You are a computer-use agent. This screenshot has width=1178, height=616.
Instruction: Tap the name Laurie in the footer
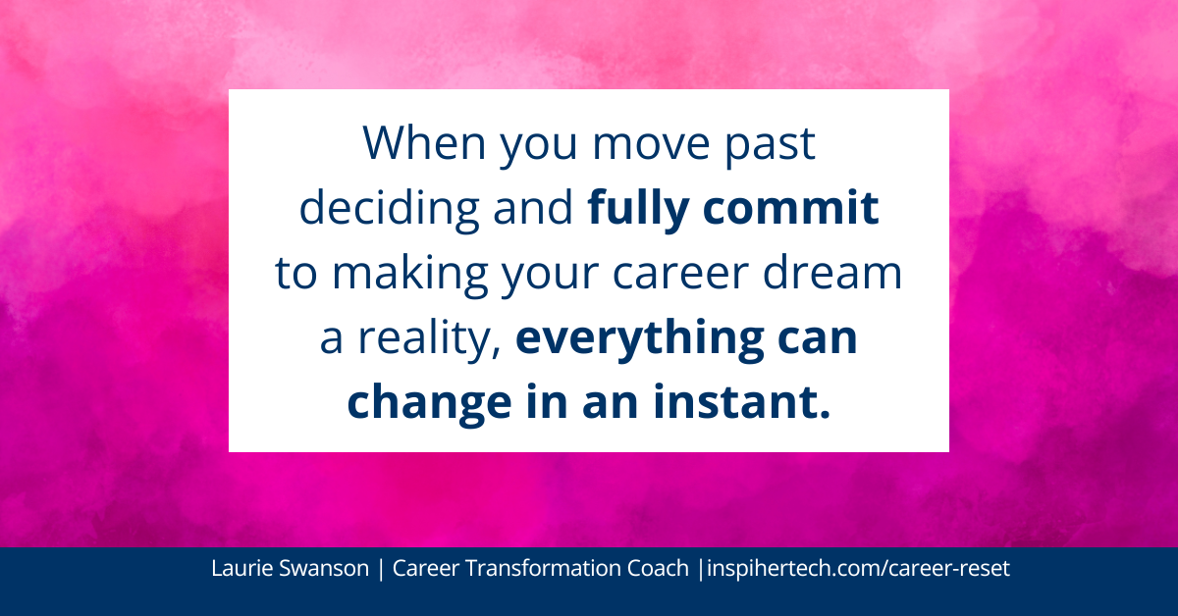pos(238,570)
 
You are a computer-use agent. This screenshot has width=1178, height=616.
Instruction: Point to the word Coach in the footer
pos(660,570)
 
